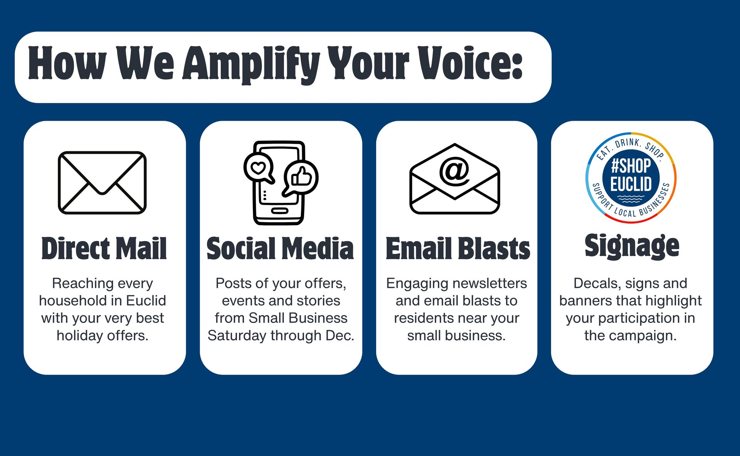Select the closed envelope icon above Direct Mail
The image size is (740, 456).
coord(102,183)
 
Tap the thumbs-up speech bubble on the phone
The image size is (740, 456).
coord(301,178)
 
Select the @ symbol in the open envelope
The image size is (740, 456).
coord(455,170)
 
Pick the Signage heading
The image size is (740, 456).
coord(632,246)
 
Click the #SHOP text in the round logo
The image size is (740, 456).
coord(631,166)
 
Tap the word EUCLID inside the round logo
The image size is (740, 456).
coord(631,184)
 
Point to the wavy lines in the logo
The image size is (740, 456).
coord(631,199)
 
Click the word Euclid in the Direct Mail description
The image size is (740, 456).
coord(146,301)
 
